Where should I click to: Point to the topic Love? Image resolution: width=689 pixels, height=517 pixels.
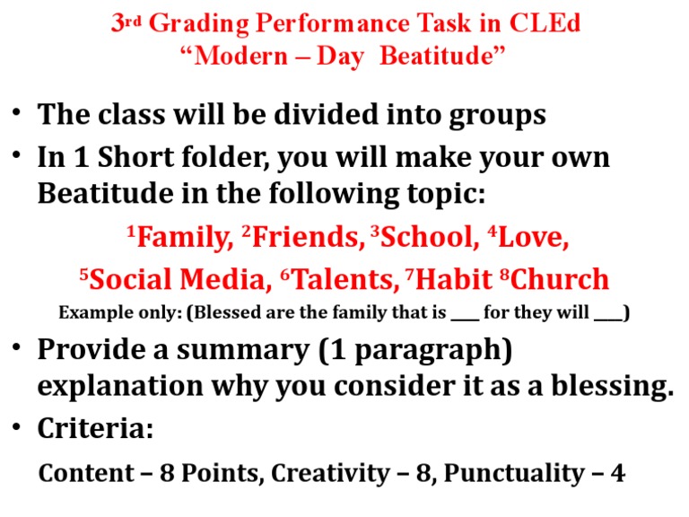coord(531,238)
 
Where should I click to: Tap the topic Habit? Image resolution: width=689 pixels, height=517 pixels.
coord(450,280)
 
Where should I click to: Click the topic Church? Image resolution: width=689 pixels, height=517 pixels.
coord(560,280)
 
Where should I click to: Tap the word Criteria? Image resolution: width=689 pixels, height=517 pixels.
coord(95,429)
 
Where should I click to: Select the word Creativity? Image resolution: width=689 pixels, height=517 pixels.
coord(330,472)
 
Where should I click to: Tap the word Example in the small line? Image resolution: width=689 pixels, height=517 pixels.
coord(89,313)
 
